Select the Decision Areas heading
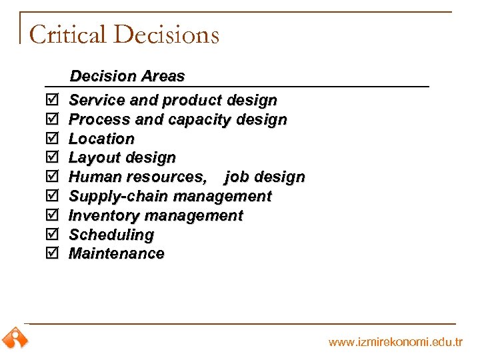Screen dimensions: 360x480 (x=127, y=77)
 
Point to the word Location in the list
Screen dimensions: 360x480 (x=101, y=139)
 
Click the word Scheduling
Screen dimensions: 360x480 (x=111, y=235)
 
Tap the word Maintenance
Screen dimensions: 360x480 (x=116, y=253)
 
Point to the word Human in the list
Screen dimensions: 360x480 (x=93, y=177)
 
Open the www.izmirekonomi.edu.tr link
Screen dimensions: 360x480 (x=395, y=343)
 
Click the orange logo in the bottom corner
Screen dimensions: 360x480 (x=15, y=338)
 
